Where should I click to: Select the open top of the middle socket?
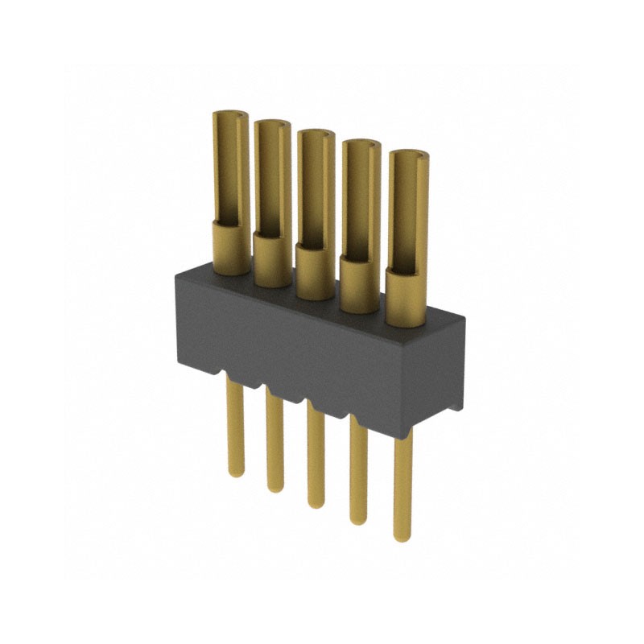coord(315,134)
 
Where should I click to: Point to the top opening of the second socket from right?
coord(359,145)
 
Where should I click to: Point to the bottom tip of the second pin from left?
coord(275,489)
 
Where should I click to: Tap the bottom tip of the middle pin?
coord(316,504)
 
